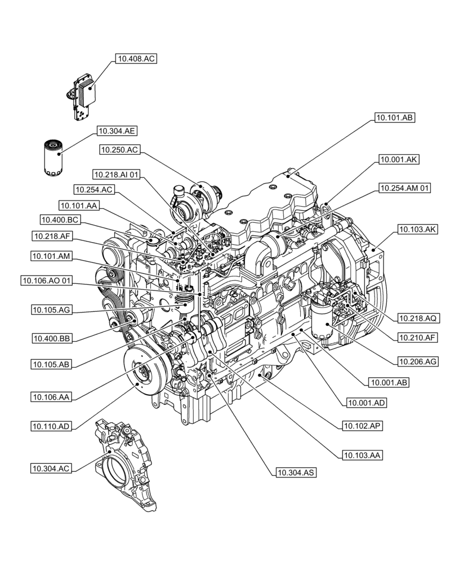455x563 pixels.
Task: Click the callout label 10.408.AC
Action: tap(136, 58)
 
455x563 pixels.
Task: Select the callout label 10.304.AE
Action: tap(117, 131)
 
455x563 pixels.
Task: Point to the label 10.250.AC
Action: tap(119, 149)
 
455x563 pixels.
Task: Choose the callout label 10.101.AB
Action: tap(394, 118)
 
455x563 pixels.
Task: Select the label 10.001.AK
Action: tap(399, 160)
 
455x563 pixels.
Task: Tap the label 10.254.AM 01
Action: tap(404, 188)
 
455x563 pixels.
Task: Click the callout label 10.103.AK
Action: tap(417, 229)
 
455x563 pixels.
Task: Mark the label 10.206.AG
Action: tap(418, 360)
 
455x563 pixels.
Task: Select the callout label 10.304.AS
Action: tap(295, 472)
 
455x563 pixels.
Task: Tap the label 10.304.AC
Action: tap(51, 468)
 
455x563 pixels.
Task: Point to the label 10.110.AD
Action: tap(51, 426)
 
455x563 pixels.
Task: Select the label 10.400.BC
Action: tap(59, 219)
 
